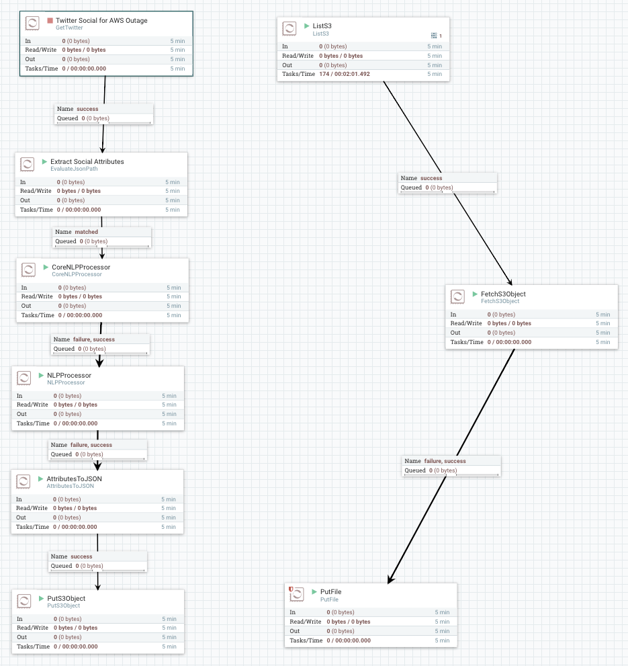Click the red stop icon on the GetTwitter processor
pos(50,21)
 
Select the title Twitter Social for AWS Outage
pos(101,21)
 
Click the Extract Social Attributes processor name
pos(87,162)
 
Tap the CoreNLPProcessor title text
pos(81,267)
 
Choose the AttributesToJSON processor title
pos(74,478)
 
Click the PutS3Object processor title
pos(66,598)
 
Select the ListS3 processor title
pos(322,26)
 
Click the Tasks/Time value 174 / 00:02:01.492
pos(345,74)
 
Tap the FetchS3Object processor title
pos(503,294)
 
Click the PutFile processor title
pos(330,591)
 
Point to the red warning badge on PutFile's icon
pos(290,589)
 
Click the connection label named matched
pos(86,232)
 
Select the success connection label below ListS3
pos(431,178)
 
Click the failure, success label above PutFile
pos(445,461)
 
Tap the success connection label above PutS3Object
pos(81,556)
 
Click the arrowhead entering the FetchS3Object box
pos(510,282)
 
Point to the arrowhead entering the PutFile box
pos(390,580)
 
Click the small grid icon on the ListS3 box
pos(434,35)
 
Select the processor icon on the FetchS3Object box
pos(458,297)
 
